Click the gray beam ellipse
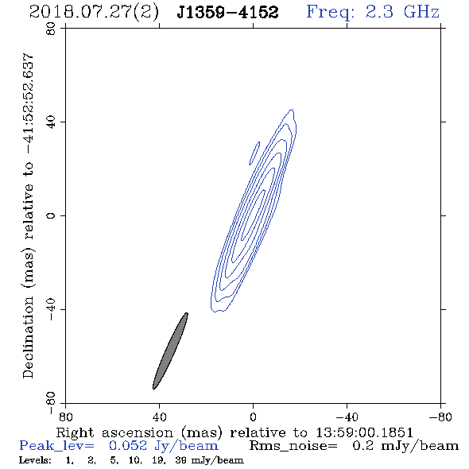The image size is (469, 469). tap(170, 351)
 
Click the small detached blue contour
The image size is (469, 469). tap(254, 153)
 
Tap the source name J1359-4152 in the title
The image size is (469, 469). tap(227, 12)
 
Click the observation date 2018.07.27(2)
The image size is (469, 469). tap(94, 13)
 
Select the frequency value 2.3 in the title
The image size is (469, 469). tap(379, 12)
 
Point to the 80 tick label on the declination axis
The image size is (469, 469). tap(51, 29)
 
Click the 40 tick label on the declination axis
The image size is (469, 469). tap(51, 122)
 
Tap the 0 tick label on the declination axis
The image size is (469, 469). tap(51, 215)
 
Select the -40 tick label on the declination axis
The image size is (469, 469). tap(51, 309)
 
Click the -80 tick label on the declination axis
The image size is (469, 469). tap(51, 403)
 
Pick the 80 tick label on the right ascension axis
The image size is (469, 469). tap(65, 417)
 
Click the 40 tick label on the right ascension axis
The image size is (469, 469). tap(159, 417)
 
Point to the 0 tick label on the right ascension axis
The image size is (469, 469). tap(253, 417)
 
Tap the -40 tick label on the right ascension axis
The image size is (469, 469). tap(347, 417)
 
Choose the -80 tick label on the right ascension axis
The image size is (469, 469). tap(440, 417)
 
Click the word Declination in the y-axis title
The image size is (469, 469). tap(28, 337)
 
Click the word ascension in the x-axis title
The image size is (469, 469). tap(138, 432)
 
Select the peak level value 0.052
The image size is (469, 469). tap(128, 446)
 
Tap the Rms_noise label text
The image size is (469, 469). tap(293, 446)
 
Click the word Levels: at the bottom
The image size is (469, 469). tap(35, 460)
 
